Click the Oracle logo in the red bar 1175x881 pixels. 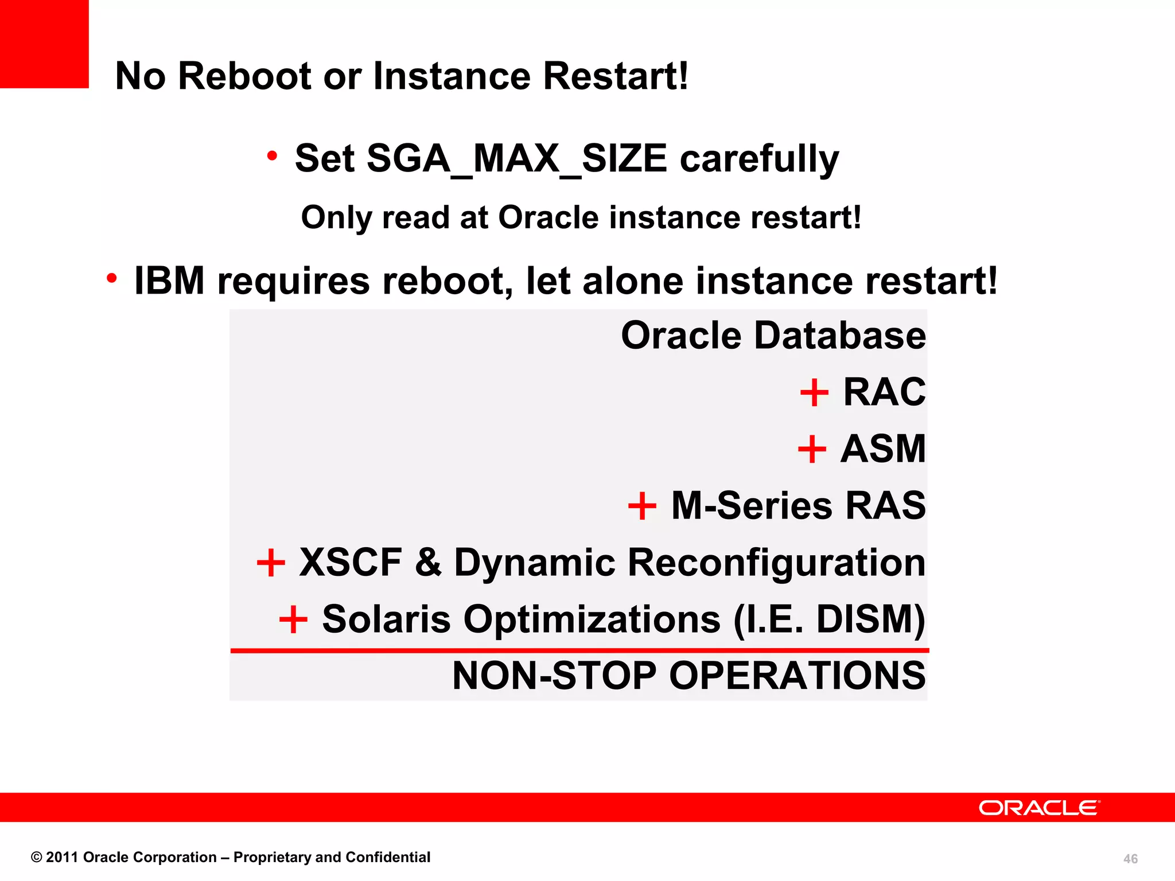(1039, 808)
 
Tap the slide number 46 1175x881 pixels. (1130, 859)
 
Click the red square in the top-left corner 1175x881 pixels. (44, 44)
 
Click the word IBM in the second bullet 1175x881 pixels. (169, 281)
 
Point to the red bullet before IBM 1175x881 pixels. (112, 278)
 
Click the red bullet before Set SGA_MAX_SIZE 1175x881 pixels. (272, 155)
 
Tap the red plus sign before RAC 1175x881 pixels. (814, 393)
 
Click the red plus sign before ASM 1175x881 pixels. (812, 449)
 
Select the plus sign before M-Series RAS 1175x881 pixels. (642, 506)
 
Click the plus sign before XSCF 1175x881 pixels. (271, 562)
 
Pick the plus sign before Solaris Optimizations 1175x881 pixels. (293, 619)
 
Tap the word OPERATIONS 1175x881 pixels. (797, 676)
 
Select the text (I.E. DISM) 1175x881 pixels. (830, 619)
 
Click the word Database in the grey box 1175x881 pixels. (839, 336)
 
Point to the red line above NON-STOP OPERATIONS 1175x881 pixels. (579, 650)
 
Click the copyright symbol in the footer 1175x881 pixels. (37, 857)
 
